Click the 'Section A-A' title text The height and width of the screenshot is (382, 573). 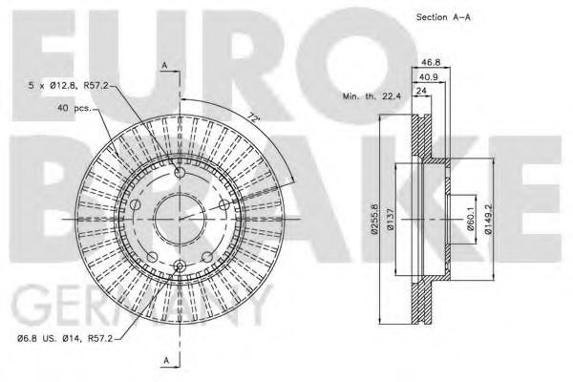(443, 17)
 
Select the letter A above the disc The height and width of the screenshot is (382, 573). (164, 65)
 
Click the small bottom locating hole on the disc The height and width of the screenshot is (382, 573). (179, 265)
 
